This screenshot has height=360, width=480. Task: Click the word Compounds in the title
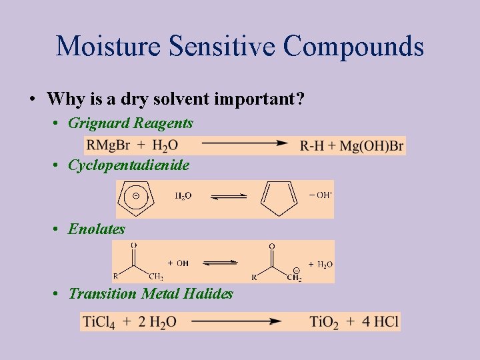353,46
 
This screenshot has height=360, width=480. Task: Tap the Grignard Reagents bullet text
131,123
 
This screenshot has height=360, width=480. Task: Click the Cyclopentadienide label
129,165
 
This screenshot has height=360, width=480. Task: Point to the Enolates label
97,229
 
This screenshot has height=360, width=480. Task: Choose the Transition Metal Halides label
151,293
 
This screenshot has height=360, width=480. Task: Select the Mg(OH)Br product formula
371,146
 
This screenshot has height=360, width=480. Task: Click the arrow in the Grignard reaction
244,143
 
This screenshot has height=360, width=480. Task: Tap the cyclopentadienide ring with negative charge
137,198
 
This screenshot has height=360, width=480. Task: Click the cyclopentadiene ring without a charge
279,198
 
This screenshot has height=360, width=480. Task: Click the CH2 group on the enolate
294,277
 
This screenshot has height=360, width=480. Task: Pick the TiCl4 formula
99,322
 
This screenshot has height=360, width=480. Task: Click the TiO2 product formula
324,322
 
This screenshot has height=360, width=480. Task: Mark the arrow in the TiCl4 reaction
237,321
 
